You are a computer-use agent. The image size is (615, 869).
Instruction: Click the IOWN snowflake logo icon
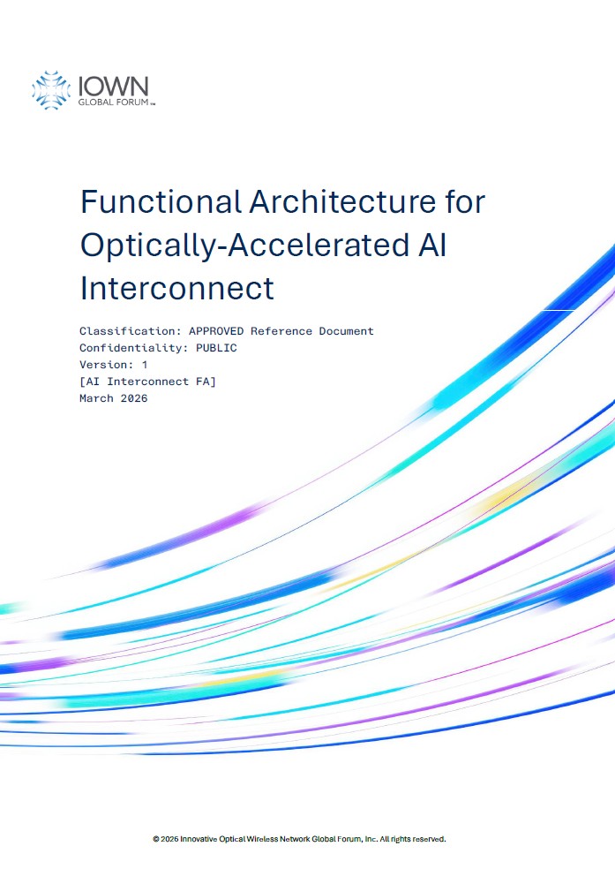click(51, 90)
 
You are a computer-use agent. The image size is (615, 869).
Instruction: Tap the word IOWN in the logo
click(114, 86)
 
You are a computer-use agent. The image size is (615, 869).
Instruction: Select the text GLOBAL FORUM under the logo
click(114, 102)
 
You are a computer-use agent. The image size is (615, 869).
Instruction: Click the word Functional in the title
click(161, 201)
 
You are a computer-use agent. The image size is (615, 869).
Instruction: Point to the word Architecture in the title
click(342, 201)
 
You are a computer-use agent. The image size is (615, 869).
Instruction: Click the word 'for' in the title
click(464, 201)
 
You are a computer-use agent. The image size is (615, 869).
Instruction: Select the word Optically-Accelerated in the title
click(244, 245)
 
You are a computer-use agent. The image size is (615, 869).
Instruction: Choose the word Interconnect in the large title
click(177, 288)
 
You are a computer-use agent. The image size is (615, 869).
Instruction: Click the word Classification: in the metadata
click(130, 331)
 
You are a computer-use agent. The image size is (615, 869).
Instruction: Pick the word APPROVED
click(216, 331)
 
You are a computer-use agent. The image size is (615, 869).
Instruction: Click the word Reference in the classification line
click(281, 331)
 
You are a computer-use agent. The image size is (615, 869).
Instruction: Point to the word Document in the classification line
click(347, 331)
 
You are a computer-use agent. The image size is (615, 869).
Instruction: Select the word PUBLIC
click(216, 348)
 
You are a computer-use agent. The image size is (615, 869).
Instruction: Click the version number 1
click(145, 365)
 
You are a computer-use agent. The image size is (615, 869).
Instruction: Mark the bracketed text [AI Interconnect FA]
click(148, 382)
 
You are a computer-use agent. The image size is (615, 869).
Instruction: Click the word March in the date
click(96, 398)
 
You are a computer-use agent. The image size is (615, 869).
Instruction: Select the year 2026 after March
click(134, 398)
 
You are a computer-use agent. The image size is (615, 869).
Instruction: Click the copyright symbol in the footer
click(156, 839)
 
